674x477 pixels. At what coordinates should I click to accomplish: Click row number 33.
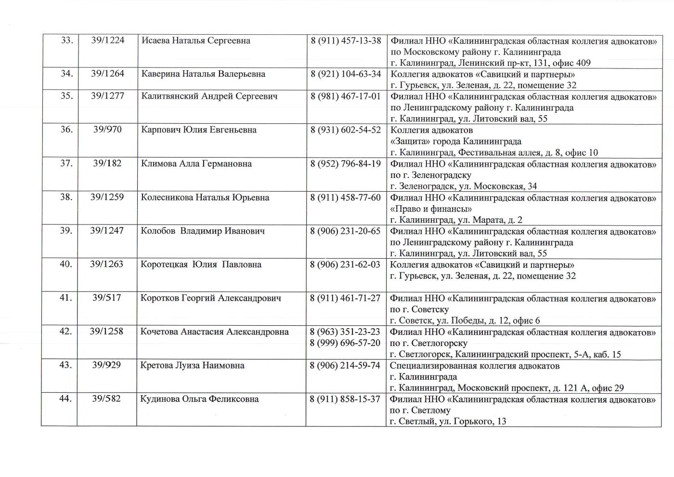(x=67, y=40)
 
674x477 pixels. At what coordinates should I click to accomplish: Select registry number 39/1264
(x=107, y=74)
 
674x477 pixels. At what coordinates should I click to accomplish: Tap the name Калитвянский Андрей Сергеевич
(x=209, y=96)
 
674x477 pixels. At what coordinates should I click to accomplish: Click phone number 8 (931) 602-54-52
(x=346, y=130)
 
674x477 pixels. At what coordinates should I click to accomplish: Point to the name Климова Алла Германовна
(x=196, y=164)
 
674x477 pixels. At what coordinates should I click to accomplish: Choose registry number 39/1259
(x=107, y=197)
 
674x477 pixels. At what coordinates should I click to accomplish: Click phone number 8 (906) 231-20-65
(x=345, y=231)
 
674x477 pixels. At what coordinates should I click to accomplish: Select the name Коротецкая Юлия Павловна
(x=201, y=265)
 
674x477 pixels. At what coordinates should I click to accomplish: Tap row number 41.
(x=66, y=298)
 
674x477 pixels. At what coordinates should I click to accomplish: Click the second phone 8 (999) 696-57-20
(x=345, y=343)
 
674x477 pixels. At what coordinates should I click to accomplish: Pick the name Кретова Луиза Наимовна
(x=192, y=365)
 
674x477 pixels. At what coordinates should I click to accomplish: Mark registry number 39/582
(x=106, y=399)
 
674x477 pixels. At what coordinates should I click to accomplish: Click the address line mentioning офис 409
(x=490, y=63)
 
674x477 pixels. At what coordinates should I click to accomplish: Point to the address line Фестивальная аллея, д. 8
(x=494, y=153)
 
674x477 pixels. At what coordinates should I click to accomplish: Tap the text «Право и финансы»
(x=431, y=209)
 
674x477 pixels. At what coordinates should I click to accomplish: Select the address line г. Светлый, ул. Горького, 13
(x=448, y=422)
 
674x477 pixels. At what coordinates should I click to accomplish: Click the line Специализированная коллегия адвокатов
(x=475, y=366)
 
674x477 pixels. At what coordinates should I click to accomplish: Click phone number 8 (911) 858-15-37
(x=345, y=399)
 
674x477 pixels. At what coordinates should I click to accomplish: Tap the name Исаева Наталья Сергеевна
(x=196, y=40)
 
